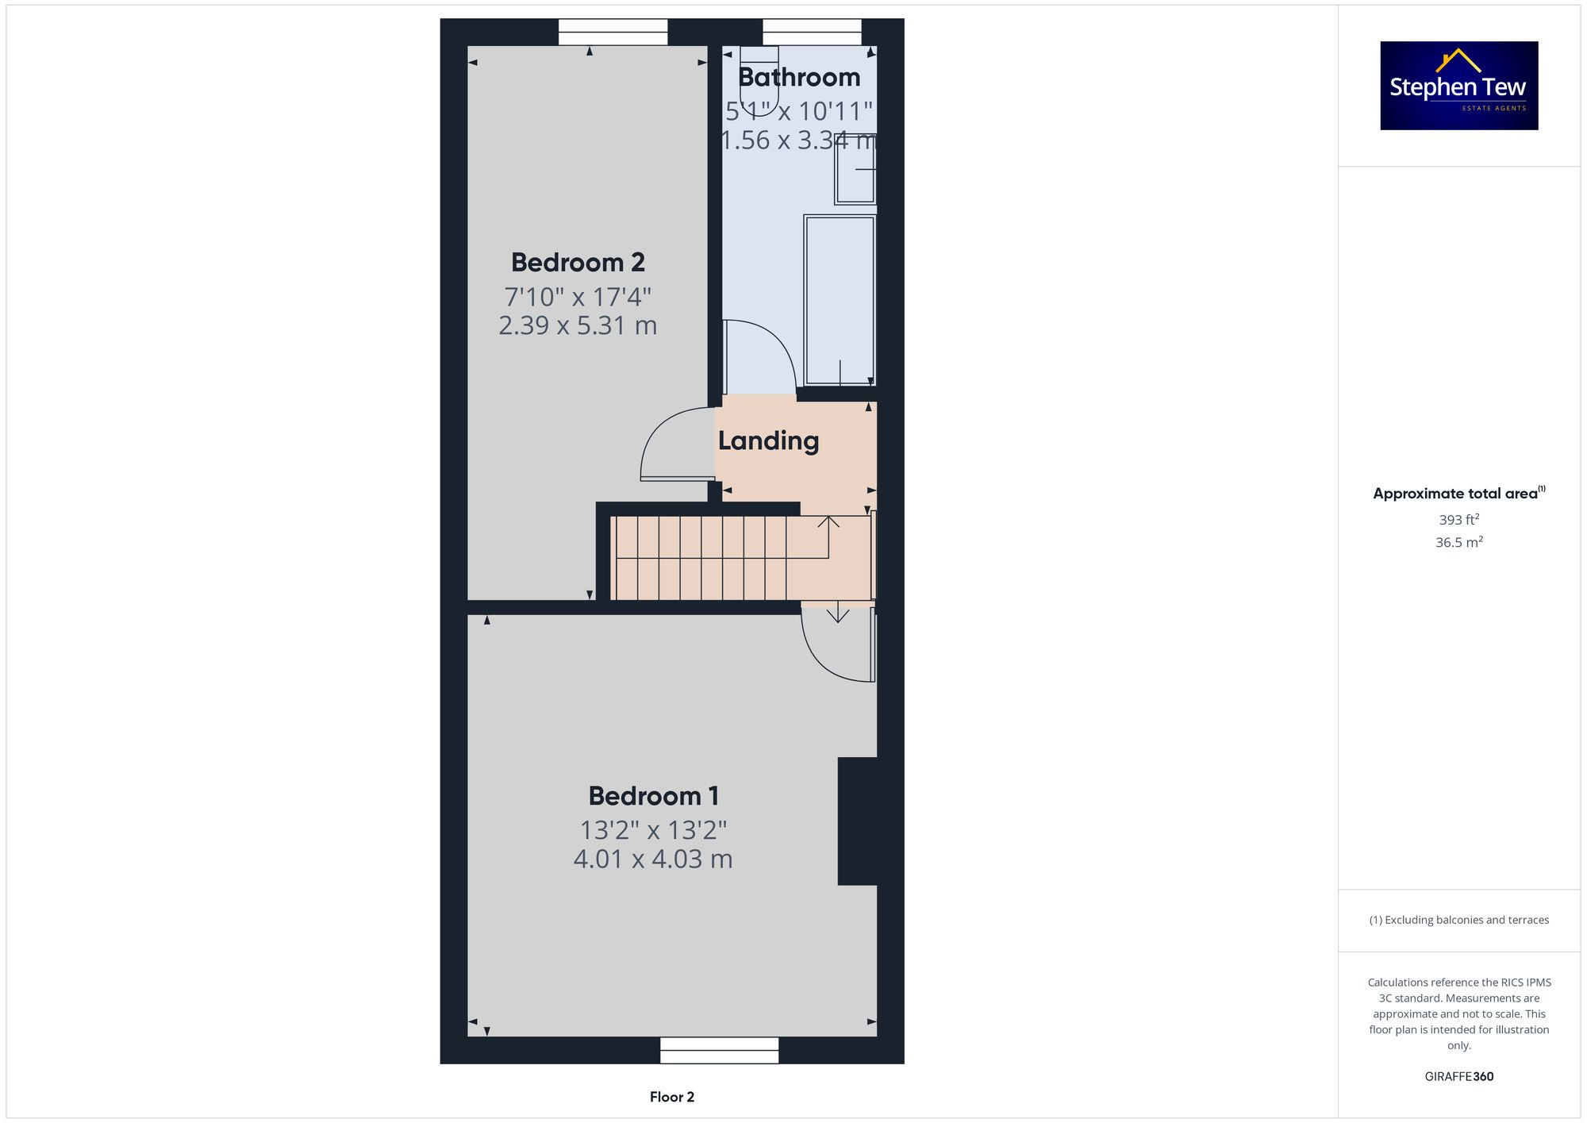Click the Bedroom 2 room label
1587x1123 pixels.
click(x=578, y=262)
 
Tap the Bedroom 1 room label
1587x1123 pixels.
click(x=653, y=795)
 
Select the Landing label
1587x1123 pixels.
click(x=768, y=440)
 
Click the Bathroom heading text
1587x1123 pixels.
click(x=798, y=77)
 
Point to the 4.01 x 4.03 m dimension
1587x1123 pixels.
click(x=653, y=859)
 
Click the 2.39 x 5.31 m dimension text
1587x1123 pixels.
click(x=578, y=325)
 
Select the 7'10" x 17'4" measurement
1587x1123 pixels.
click(x=578, y=297)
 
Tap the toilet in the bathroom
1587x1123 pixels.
click(x=759, y=79)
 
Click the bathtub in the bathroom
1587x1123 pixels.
click(x=840, y=300)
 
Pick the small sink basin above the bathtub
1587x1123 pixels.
click(x=855, y=169)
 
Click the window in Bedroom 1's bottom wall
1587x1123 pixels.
click(x=719, y=1050)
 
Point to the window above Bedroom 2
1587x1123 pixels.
click(x=613, y=33)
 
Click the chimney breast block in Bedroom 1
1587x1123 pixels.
click(x=857, y=821)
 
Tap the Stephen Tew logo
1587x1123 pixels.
click(x=1458, y=86)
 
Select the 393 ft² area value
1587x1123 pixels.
click(x=1458, y=520)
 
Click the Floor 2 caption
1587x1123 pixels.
click(x=671, y=1097)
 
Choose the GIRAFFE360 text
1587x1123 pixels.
click(x=1458, y=1077)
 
